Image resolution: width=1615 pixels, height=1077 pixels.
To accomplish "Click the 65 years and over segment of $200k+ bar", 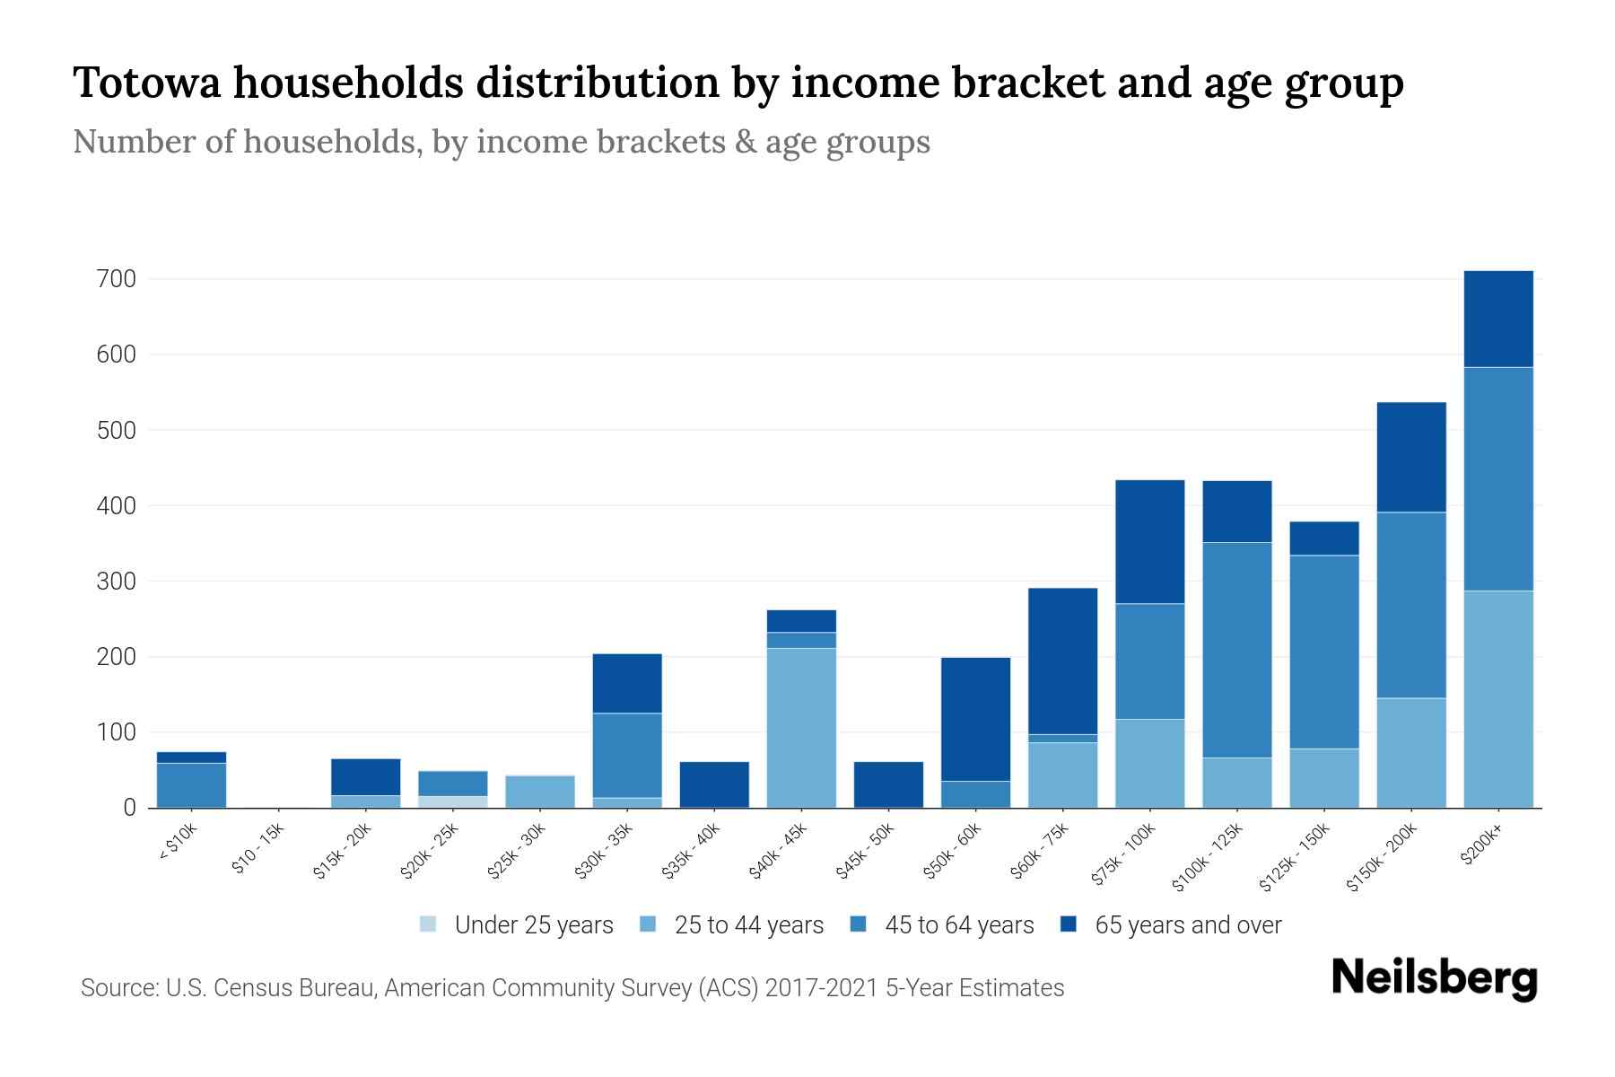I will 1497,319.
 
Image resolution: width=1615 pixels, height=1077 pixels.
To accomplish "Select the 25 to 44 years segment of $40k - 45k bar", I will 801,727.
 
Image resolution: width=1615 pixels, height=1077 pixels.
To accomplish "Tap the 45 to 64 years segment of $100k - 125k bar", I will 1236,650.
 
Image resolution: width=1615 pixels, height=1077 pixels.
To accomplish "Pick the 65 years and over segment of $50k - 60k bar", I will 975,719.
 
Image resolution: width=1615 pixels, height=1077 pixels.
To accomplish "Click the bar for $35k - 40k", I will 714,784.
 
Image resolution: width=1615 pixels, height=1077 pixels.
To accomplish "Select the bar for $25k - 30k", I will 540,792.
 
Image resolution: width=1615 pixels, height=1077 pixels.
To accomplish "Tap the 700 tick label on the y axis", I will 116,279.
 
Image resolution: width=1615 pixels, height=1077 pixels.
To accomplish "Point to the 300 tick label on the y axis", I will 116,582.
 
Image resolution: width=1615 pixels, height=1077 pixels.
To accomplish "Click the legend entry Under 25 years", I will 533,925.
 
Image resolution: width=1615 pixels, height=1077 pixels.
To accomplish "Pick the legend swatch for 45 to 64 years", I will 859,924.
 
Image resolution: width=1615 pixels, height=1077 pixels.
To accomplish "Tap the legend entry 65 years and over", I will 1187,925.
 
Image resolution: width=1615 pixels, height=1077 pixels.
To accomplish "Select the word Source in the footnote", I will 117,988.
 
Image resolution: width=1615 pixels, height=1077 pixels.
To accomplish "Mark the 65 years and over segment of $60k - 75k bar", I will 1062,661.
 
